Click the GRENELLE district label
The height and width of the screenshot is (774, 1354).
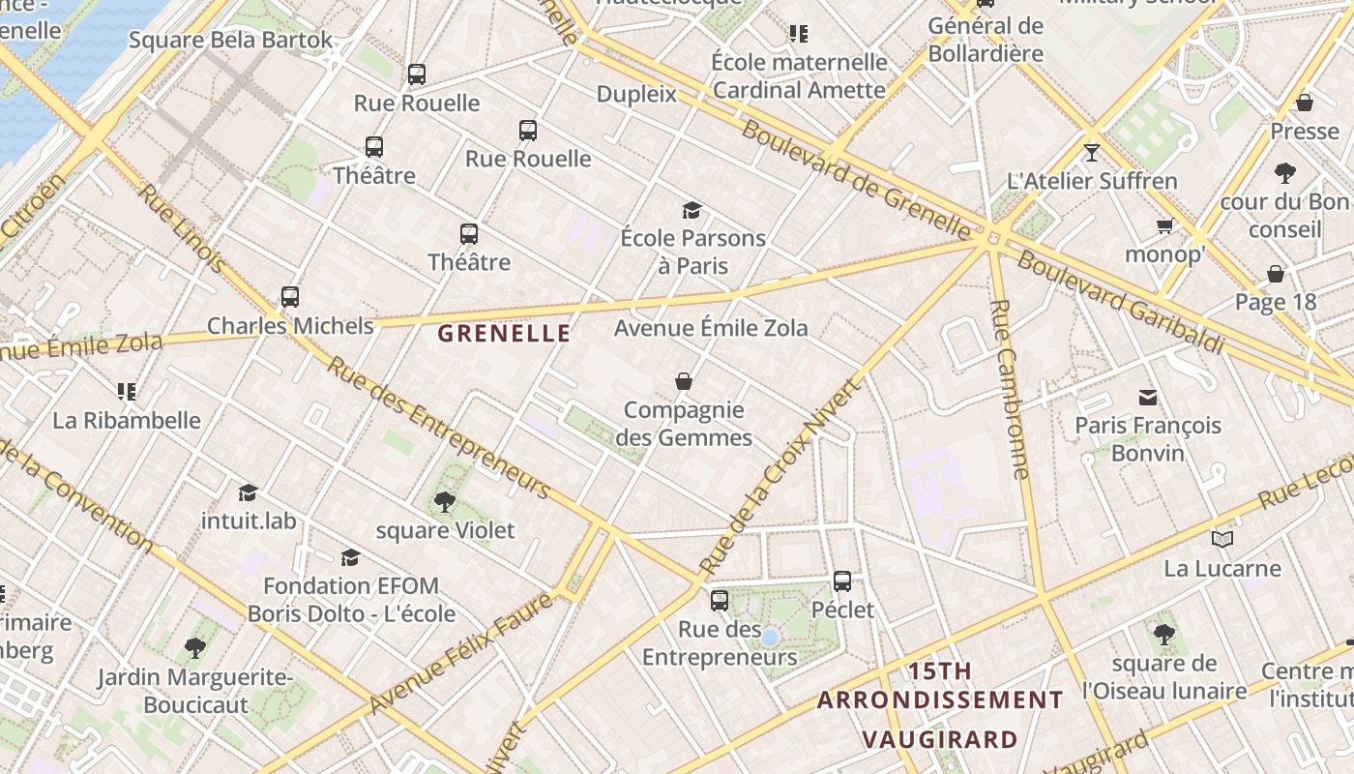(x=504, y=334)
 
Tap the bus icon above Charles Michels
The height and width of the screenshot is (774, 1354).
(x=290, y=297)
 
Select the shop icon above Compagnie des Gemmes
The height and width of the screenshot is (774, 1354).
(x=684, y=381)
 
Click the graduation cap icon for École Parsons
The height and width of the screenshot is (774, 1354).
(x=692, y=210)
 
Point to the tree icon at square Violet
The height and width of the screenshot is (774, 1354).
(x=445, y=501)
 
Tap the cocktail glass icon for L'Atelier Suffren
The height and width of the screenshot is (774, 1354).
(x=1092, y=152)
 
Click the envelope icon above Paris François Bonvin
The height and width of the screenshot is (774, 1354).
(x=1148, y=397)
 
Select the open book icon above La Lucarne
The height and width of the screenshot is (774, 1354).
(x=1222, y=539)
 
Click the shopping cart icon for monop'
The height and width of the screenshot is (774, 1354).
(x=1164, y=225)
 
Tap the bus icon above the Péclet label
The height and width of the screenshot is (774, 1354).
(x=842, y=580)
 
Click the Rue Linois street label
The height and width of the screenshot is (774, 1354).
(x=182, y=228)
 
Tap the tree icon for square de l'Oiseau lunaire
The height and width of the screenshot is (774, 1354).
(x=1164, y=635)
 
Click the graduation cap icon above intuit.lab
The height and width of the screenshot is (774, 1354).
(x=249, y=492)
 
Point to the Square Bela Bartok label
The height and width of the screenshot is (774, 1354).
(x=230, y=41)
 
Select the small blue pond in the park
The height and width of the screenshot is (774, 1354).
(x=769, y=638)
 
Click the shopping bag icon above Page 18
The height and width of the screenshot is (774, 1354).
(x=1276, y=274)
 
